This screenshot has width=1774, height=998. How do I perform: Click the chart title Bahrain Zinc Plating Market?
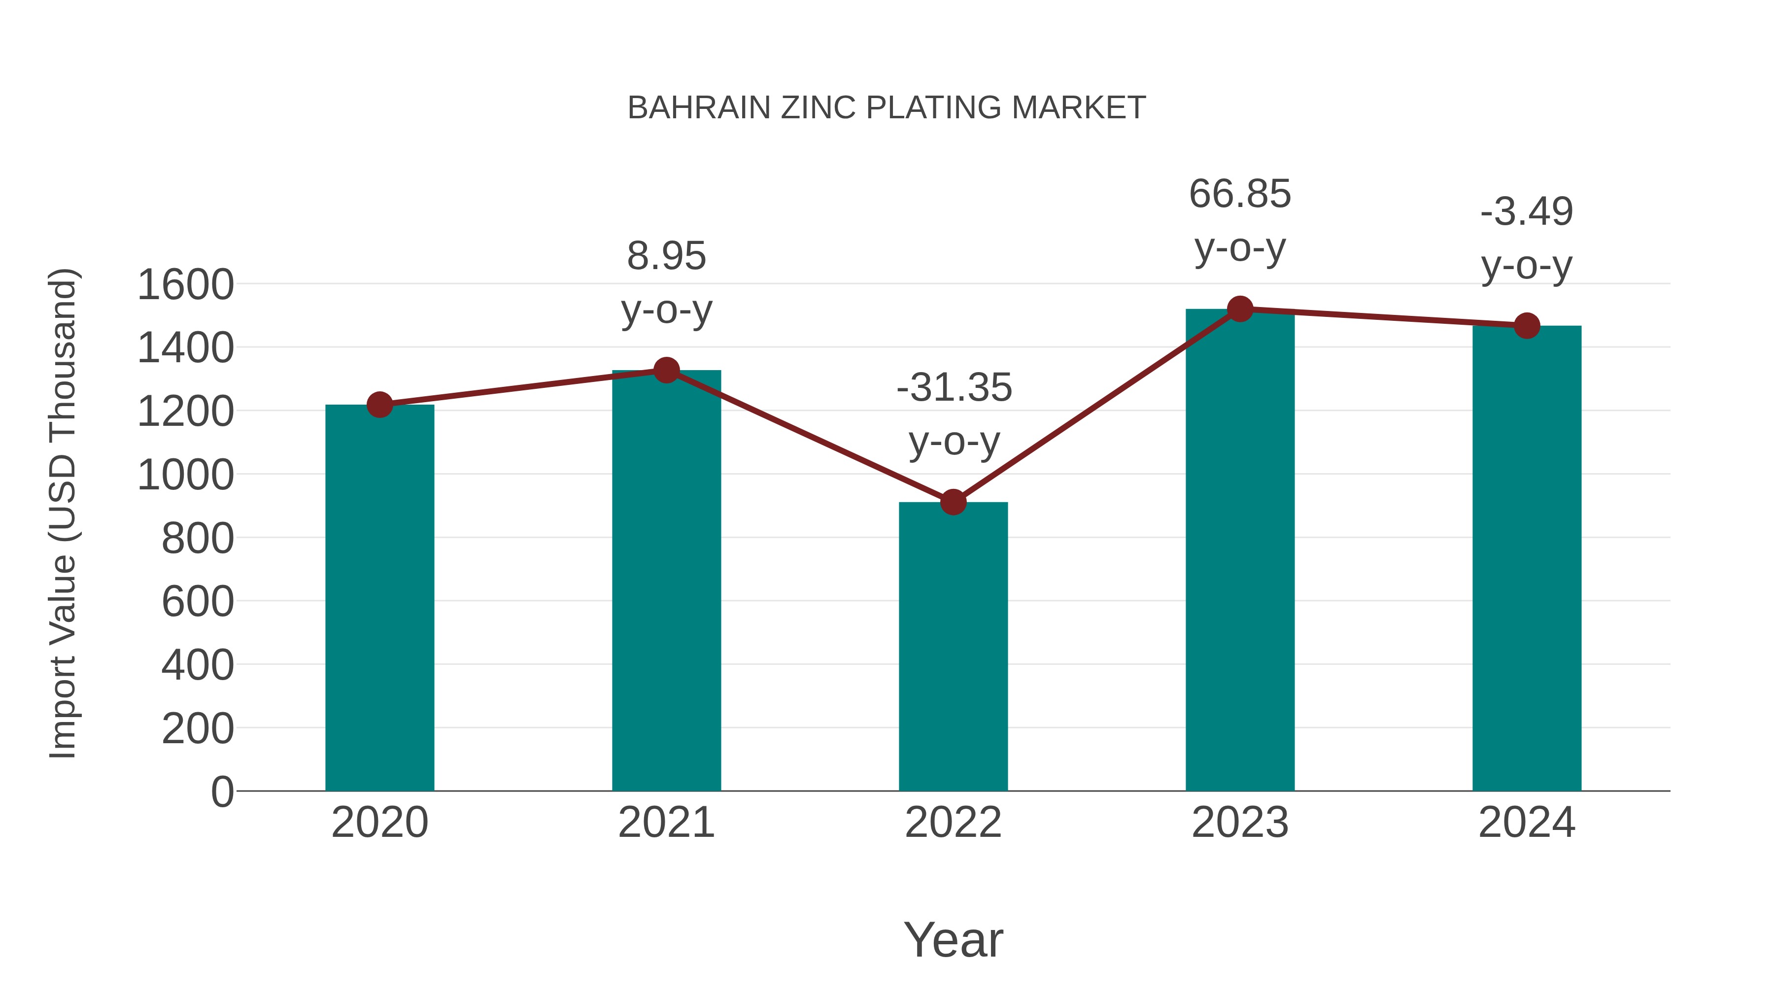pyautogui.click(x=887, y=108)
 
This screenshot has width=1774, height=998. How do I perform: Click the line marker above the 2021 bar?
pyautogui.click(x=666, y=371)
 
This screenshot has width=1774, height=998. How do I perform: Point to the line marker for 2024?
pyautogui.click(x=1527, y=326)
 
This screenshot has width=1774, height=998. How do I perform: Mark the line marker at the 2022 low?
pyautogui.click(x=953, y=502)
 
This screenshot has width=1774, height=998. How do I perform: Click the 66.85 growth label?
pyautogui.click(x=1240, y=194)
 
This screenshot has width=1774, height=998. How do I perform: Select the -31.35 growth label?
pyautogui.click(x=954, y=388)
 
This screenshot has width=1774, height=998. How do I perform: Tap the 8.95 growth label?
pyautogui.click(x=666, y=256)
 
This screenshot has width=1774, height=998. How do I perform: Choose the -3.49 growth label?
pyautogui.click(x=1527, y=211)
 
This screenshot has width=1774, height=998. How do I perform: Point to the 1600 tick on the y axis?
pyautogui.click(x=185, y=284)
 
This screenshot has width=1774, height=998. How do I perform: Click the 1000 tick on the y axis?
pyautogui.click(x=185, y=475)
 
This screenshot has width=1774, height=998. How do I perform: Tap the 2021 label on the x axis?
pyautogui.click(x=666, y=823)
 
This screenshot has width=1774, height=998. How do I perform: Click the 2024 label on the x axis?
pyautogui.click(x=1527, y=823)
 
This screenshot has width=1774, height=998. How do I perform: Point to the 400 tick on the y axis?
pyautogui.click(x=198, y=665)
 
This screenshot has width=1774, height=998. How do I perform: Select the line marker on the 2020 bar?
pyautogui.click(x=379, y=405)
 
